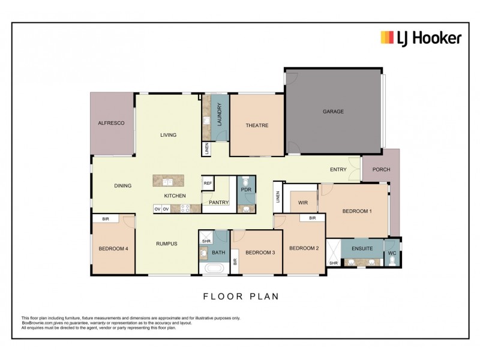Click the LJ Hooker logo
(421, 38)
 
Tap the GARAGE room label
(333, 112)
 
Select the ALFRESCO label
(111, 123)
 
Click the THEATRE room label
(256, 125)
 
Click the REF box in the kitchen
(208, 184)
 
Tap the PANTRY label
(219, 203)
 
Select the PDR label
(246, 190)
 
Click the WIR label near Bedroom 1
(303, 203)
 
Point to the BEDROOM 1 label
(357, 211)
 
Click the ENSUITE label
(362, 248)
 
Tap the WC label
(392, 253)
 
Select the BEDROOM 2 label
(304, 248)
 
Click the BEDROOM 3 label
(260, 253)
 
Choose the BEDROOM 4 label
(113, 248)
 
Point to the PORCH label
(381, 170)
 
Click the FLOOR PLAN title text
(241, 296)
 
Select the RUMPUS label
(166, 244)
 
